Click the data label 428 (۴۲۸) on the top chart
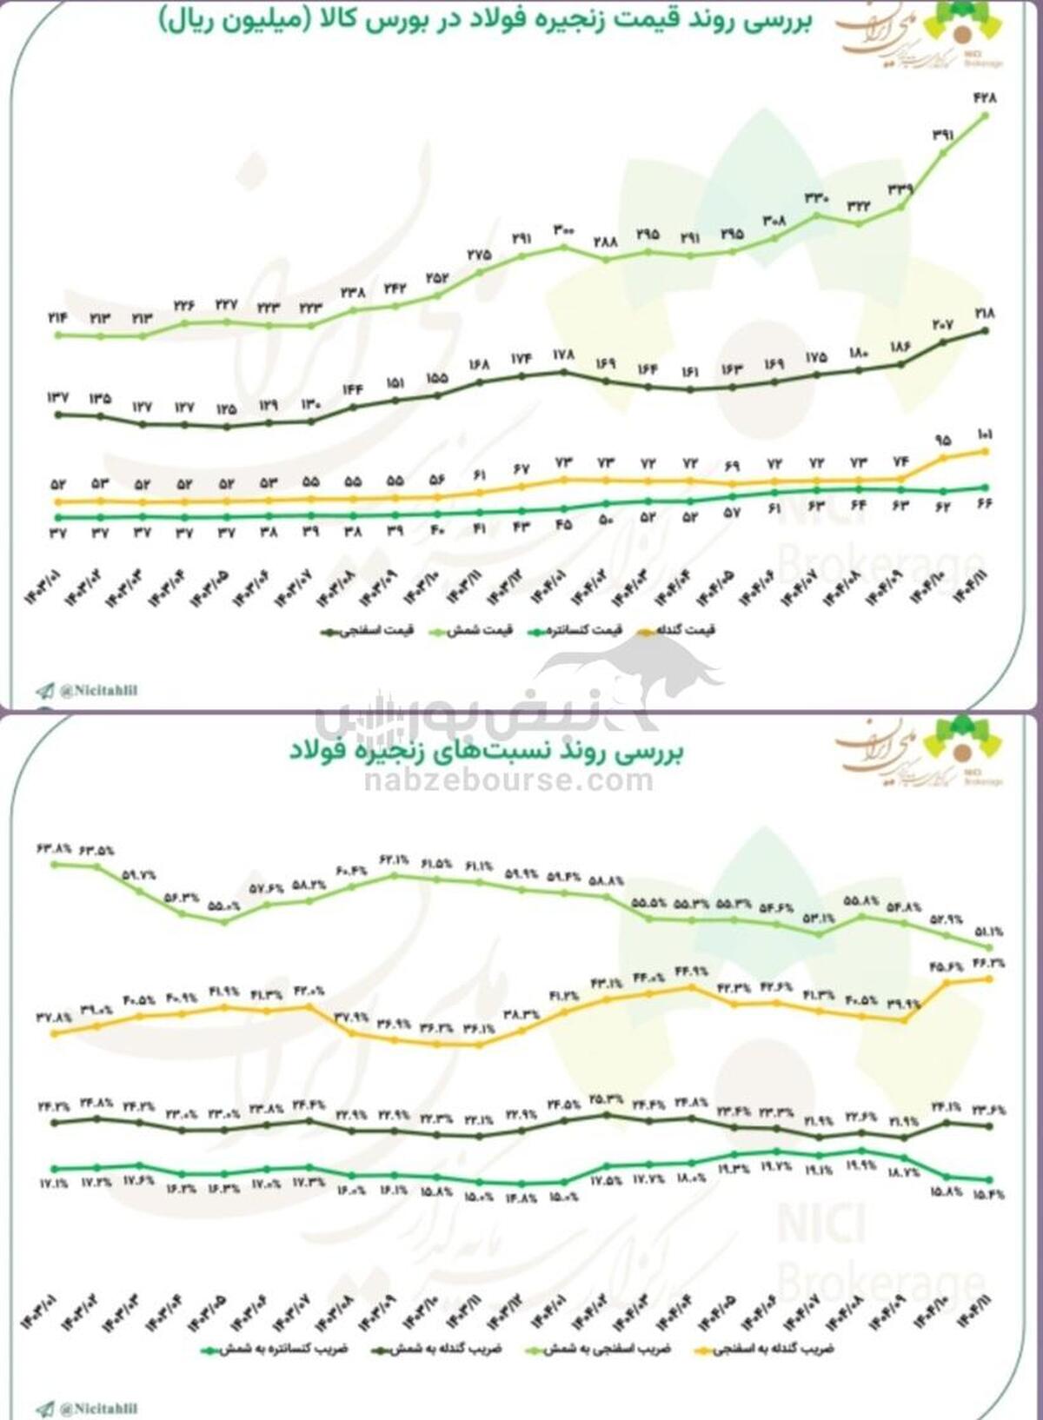pos(985,98)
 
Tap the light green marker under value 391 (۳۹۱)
pos(943,153)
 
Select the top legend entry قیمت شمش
pos(481,630)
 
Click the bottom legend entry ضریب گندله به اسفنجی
pos(774,1350)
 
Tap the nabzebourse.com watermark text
pos(508,780)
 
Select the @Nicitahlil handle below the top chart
pos(98,691)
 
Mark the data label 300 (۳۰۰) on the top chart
pos(563,230)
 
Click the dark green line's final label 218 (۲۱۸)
pos(985,314)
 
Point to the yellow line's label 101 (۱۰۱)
pos(985,435)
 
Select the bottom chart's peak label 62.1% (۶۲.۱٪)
pos(394,859)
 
